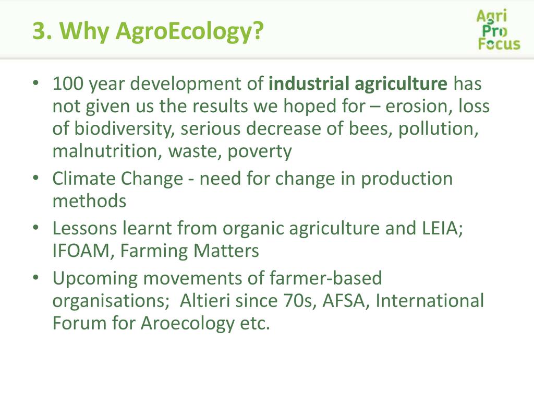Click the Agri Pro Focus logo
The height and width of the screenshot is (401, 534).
coord(499,30)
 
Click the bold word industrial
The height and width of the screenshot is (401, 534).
coord(309,83)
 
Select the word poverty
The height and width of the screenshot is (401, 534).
coord(260,152)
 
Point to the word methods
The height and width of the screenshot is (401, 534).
coord(90,201)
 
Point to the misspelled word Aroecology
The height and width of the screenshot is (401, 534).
coord(188,324)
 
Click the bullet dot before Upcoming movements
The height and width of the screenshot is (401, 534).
coord(36,277)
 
